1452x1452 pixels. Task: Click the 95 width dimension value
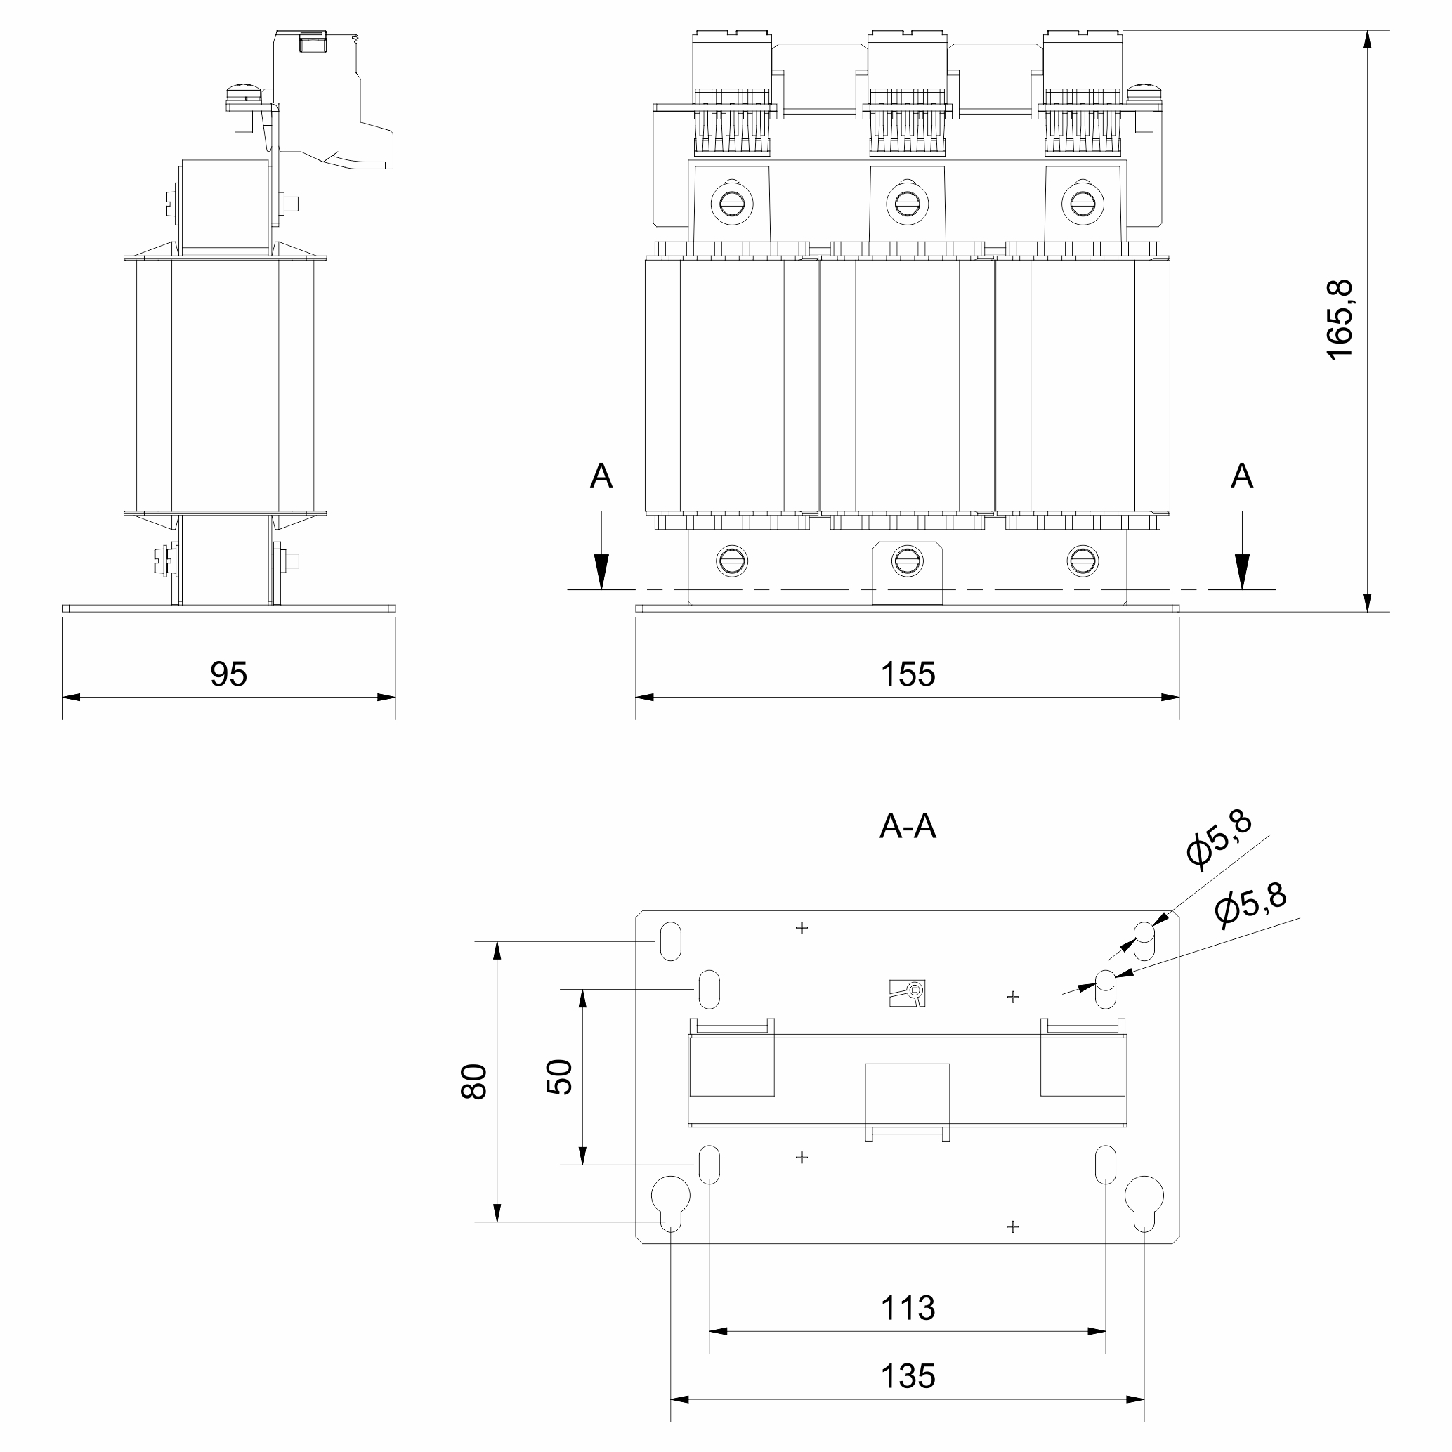(228, 674)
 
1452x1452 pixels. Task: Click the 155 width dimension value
(908, 674)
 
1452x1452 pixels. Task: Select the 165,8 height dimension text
(1340, 320)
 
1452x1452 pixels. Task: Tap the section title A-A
(908, 827)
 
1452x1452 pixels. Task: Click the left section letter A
(601, 476)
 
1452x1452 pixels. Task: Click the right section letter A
(1241, 476)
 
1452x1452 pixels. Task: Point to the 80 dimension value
(474, 1083)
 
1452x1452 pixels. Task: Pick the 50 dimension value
(559, 1077)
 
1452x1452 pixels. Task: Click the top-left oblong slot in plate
(670, 941)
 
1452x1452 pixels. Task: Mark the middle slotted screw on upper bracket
(907, 203)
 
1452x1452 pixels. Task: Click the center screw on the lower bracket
(907, 561)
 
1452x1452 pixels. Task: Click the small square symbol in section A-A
(907, 993)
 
